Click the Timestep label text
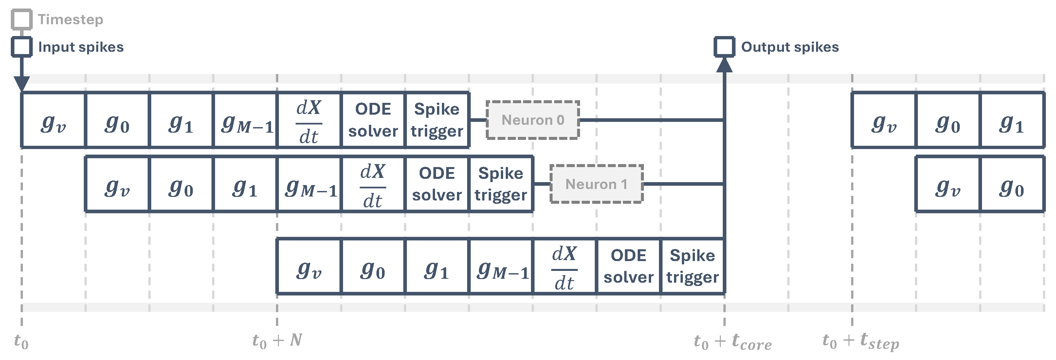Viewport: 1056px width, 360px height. click(70, 19)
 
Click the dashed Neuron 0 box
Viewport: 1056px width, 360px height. click(533, 120)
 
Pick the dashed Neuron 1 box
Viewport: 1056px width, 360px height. click(596, 184)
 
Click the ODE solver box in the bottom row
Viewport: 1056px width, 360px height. click(628, 266)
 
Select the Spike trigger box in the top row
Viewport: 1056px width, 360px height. click(437, 120)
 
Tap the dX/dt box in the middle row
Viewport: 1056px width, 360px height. click(373, 184)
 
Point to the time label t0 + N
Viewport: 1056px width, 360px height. click(277, 340)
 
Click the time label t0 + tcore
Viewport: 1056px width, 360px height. click(732, 342)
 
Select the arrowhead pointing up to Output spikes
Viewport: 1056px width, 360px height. click(724, 65)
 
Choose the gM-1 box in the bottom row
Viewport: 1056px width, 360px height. click(501, 266)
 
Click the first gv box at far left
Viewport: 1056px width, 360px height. click(53, 120)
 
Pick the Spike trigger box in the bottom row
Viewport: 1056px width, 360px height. click(692, 266)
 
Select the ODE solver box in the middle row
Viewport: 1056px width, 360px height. click(437, 184)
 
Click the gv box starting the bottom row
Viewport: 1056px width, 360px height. click(309, 266)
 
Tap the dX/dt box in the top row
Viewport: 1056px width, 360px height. click(309, 120)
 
